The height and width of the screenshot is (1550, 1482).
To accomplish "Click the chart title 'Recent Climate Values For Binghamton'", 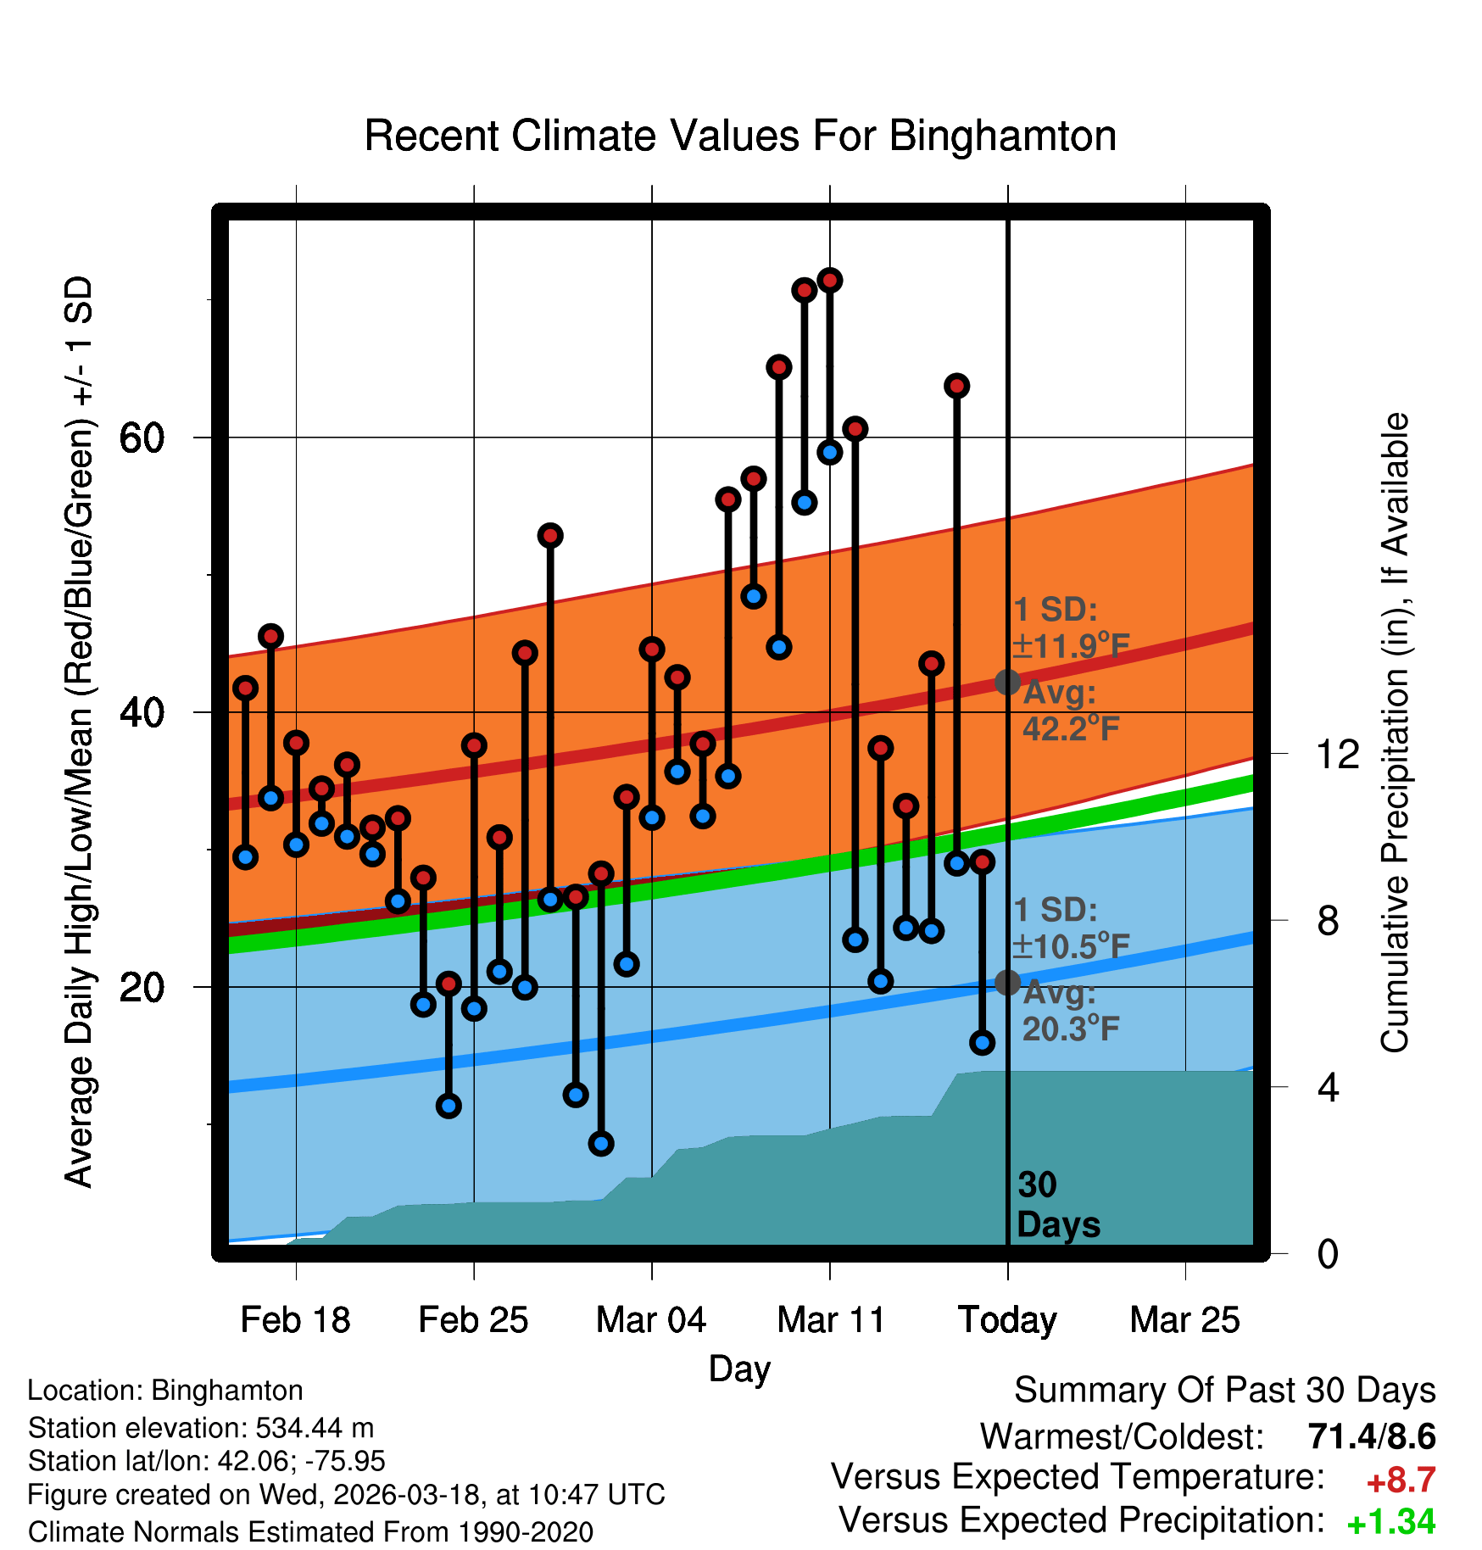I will point(740,136).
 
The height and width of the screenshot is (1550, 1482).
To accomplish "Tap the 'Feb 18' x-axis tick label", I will point(295,1320).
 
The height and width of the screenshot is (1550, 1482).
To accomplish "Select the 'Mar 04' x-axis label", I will point(651,1320).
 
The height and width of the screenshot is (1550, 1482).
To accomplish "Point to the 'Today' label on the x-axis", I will point(1007,1320).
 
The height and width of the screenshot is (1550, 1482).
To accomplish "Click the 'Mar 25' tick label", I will point(1184,1320).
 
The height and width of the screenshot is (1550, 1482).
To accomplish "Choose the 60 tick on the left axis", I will point(142,438).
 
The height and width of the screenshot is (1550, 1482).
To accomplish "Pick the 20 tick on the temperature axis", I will point(142,987).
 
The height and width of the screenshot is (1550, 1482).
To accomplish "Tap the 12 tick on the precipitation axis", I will point(1337,754).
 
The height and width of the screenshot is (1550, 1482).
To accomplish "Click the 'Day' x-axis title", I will point(739,1369).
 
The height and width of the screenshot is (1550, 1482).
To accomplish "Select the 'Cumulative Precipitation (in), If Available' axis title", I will point(1395,733).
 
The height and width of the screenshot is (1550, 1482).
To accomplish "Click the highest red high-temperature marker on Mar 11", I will point(830,280).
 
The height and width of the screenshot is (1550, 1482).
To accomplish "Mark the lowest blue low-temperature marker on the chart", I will point(601,1144).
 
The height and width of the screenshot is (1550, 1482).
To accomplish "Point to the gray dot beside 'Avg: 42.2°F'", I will point(1007,682).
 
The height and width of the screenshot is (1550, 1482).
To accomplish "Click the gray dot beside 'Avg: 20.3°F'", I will point(1007,983).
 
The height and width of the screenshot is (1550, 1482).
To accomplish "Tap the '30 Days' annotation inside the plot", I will point(1057,1205).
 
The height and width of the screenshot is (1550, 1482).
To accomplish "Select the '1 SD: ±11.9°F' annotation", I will point(1071,628).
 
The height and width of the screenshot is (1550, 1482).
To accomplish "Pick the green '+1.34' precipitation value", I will point(1390,1522).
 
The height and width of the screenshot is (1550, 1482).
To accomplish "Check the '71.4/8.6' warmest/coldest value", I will point(1371,1436).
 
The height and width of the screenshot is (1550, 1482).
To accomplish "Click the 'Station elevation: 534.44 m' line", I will point(201,1428).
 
